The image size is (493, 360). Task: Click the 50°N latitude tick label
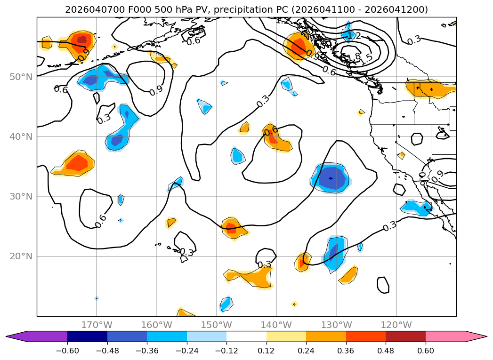coord(22,77)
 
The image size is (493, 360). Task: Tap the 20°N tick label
coord(22,256)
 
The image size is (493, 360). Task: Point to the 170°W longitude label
coord(97,325)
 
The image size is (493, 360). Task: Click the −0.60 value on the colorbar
coord(67,350)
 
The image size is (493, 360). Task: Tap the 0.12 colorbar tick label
coord(266,350)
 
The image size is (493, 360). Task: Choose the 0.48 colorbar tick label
coord(386,350)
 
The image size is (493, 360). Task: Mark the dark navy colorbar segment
coord(87,336)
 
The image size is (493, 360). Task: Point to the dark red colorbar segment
coord(405,336)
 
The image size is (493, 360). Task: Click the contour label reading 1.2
coord(354,36)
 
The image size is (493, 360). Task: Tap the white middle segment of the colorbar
coord(246,336)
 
